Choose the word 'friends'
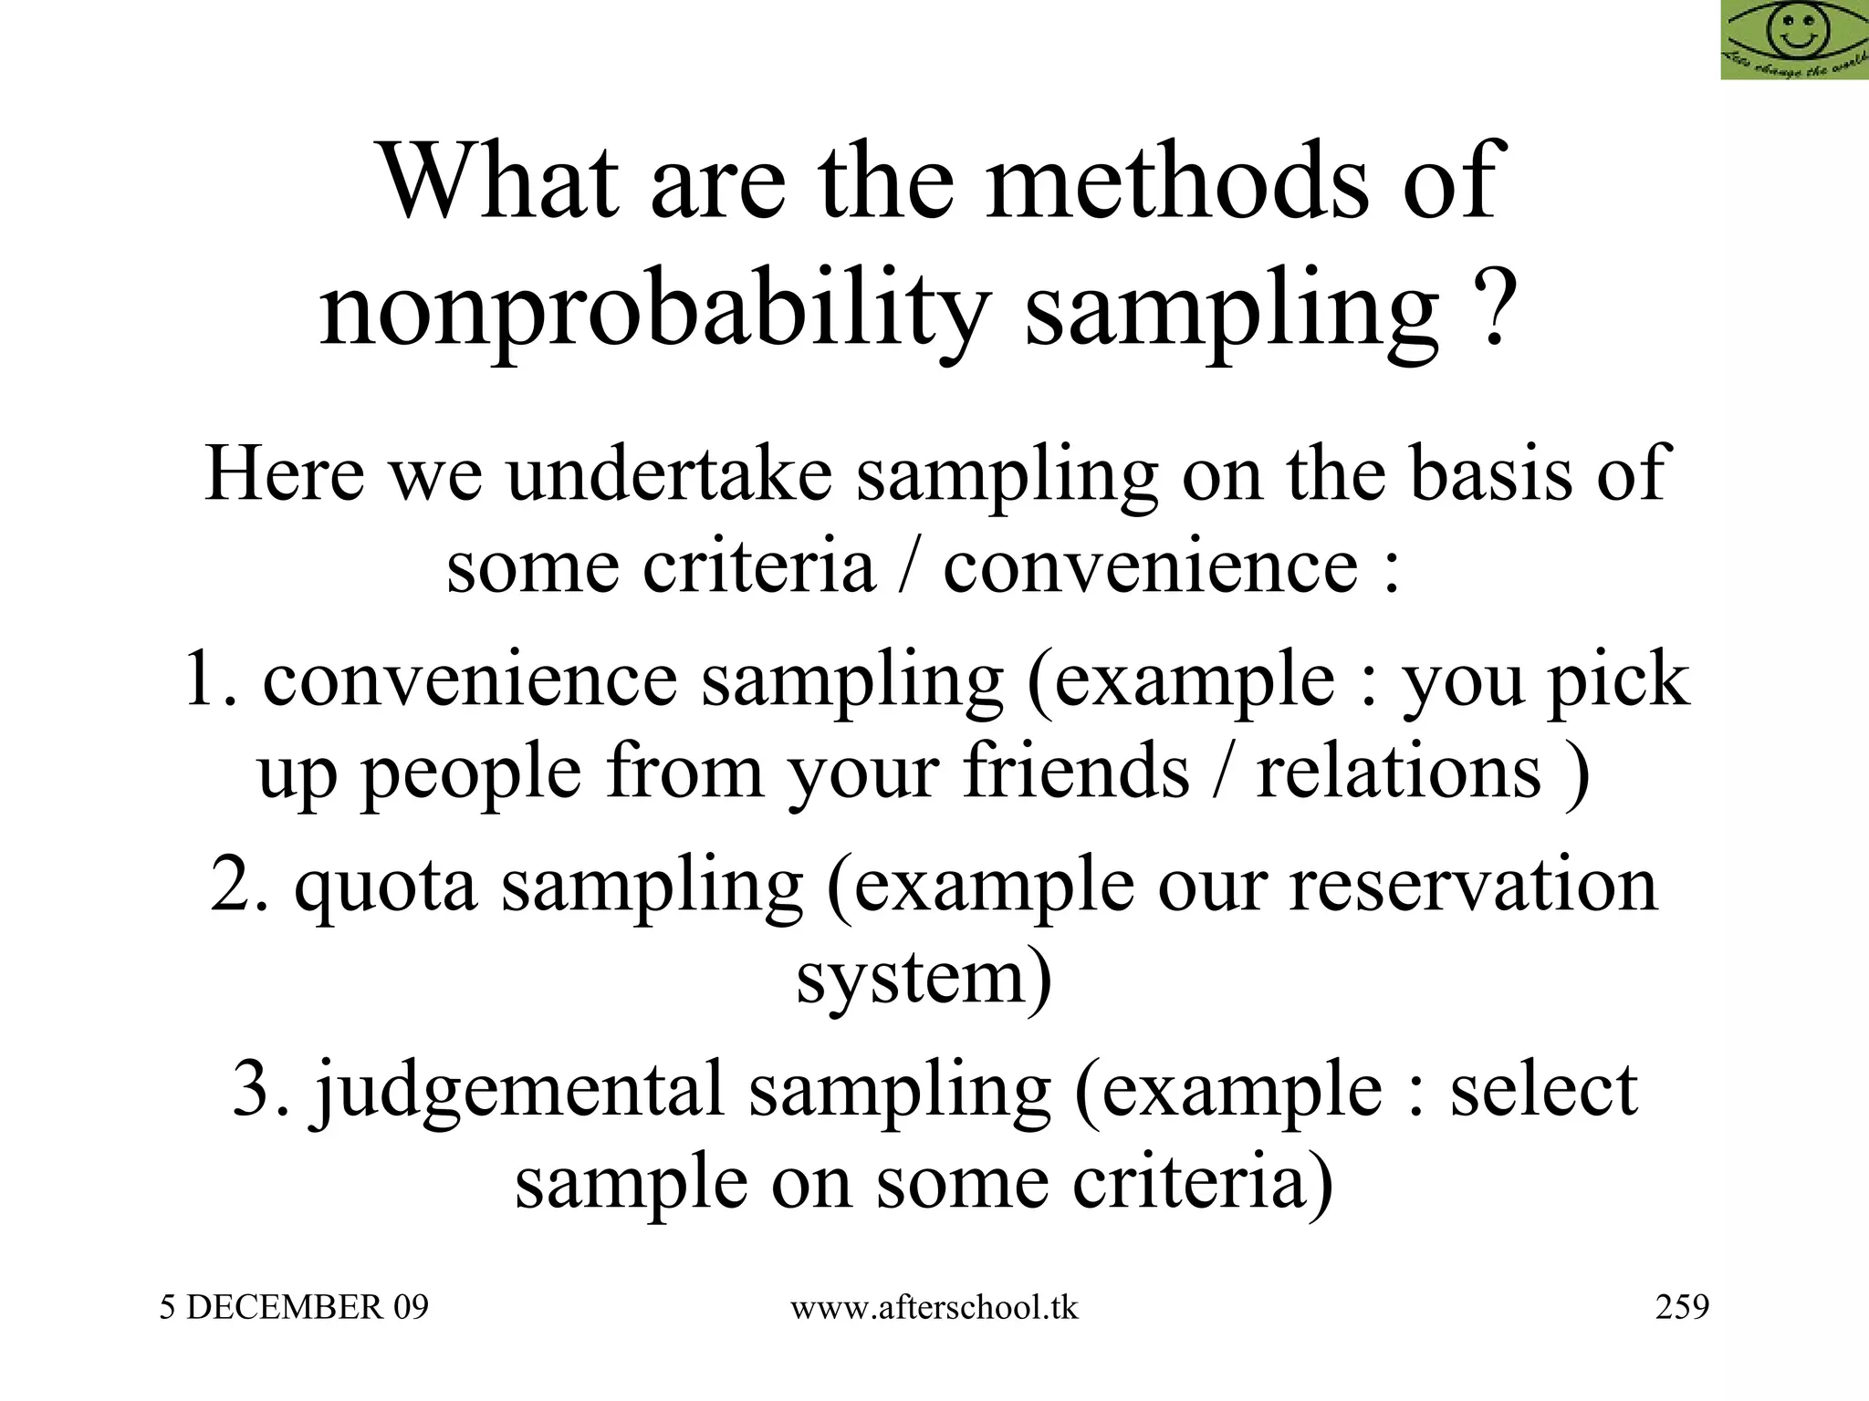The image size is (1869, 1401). pos(1077,772)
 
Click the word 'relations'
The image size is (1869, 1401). pos(1399,772)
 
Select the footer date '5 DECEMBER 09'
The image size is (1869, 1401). pos(294,1307)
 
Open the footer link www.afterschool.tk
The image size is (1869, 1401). pos(934,1307)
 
